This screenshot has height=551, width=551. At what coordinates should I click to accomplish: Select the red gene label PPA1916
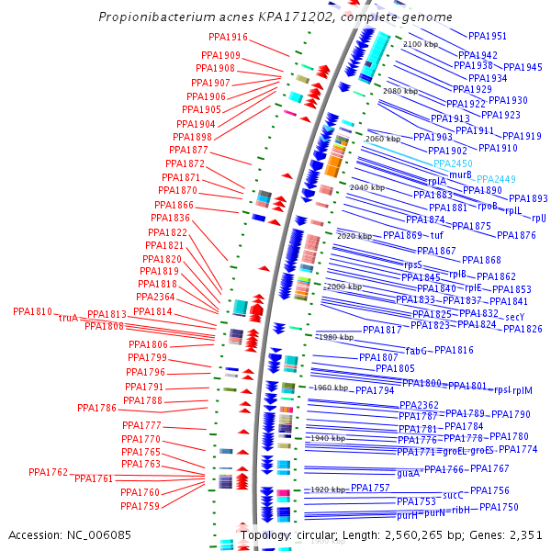coord(225,38)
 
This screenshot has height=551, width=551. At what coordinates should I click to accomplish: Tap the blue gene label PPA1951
coord(488,36)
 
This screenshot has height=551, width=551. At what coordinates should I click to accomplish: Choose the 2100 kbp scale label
coord(422,44)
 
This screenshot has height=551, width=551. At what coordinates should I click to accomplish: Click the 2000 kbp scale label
coord(344,287)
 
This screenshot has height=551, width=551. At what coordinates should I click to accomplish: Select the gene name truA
coord(68,318)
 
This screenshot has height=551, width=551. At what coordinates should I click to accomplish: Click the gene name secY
coord(514,317)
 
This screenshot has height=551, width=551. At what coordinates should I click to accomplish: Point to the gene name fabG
coord(417,350)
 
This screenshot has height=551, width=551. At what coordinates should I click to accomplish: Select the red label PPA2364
coord(155,297)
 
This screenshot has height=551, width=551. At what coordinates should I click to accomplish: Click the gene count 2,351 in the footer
coord(524,534)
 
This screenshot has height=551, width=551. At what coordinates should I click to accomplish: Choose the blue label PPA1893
coord(528,198)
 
